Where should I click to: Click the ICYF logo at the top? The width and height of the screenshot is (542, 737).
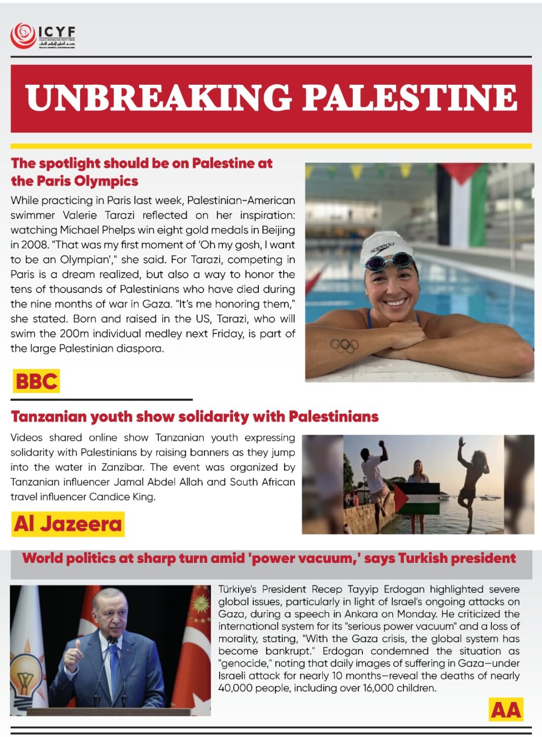click(x=43, y=36)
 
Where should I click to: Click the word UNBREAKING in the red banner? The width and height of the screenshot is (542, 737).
click(x=158, y=97)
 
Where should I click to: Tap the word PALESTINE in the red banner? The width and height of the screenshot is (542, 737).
click(x=410, y=97)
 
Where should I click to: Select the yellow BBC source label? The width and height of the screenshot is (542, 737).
click(x=36, y=381)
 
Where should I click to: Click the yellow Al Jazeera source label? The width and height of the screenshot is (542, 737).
click(x=68, y=524)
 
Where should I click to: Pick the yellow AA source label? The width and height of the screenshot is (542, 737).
click(x=506, y=710)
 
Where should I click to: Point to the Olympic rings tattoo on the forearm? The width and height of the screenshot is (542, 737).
click(x=345, y=346)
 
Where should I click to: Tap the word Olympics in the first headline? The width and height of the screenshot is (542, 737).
click(x=106, y=181)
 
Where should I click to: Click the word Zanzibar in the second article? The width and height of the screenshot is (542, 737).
click(x=124, y=467)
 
